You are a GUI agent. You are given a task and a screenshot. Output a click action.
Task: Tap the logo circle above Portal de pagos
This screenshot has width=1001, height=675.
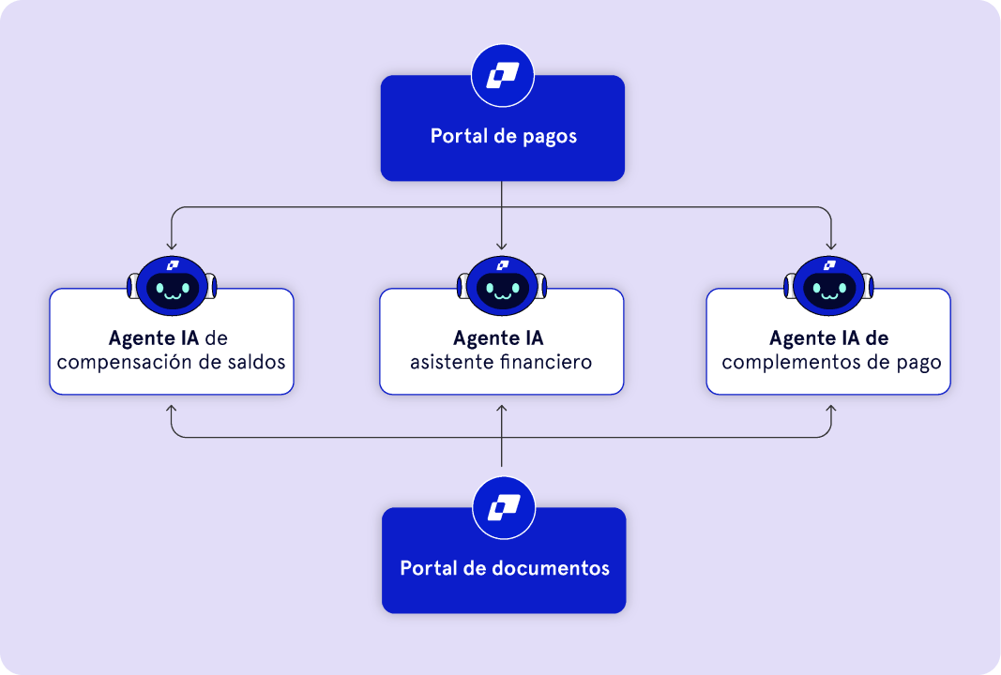(503, 75)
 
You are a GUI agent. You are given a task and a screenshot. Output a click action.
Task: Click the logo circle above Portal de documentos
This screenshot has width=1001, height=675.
(503, 507)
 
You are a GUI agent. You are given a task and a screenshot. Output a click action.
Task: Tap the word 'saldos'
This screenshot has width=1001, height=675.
(254, 361)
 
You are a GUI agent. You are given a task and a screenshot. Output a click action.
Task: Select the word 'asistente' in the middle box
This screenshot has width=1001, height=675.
(445, 361)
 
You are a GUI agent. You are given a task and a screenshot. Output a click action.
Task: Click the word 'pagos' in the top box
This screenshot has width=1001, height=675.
(550, 137)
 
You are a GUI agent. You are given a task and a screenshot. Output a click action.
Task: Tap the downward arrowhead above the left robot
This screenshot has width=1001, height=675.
(171, 246)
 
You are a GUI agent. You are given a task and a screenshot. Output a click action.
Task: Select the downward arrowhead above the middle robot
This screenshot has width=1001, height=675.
(502, 246)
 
